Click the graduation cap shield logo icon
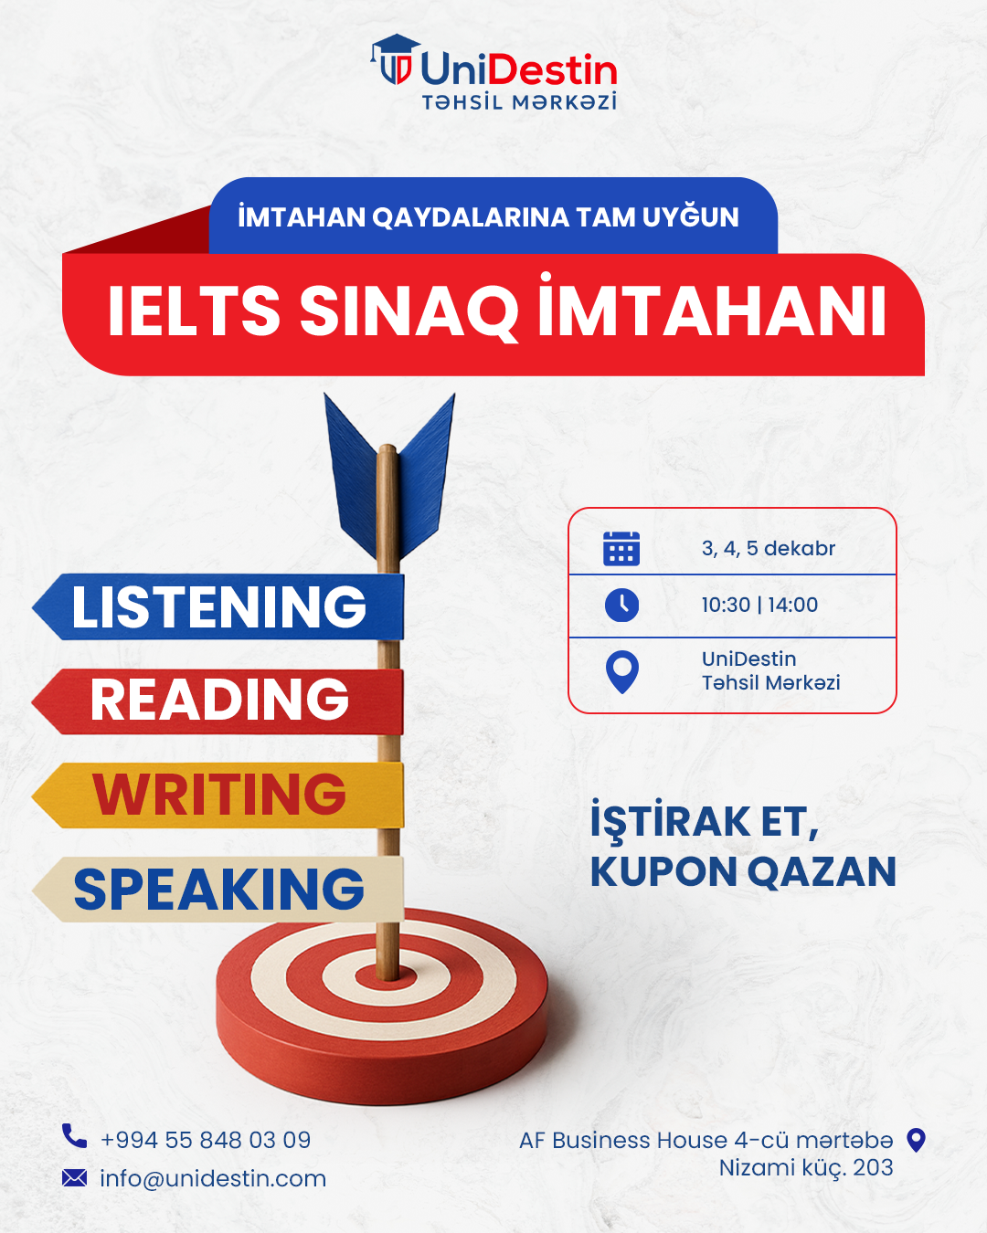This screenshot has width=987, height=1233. [396, 61]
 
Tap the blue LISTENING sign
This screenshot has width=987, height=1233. [219, 606]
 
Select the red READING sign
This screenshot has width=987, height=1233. [219, 701]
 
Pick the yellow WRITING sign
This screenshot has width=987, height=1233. [219, 795]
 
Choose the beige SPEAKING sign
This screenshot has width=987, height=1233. [219, 889]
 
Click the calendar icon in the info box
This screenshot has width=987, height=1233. [621, 548]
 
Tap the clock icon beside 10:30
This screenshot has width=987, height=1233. [621, 605]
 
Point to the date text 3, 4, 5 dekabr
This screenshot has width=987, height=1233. [769, 548]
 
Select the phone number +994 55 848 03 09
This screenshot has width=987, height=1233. [206, 1140]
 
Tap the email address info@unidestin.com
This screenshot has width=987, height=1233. [213, 1178]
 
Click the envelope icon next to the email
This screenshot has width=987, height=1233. [74, 1178]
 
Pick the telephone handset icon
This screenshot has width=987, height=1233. [74, 1136]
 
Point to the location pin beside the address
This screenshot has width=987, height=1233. [916, 1140]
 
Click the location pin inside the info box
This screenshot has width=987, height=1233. [622, 671]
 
